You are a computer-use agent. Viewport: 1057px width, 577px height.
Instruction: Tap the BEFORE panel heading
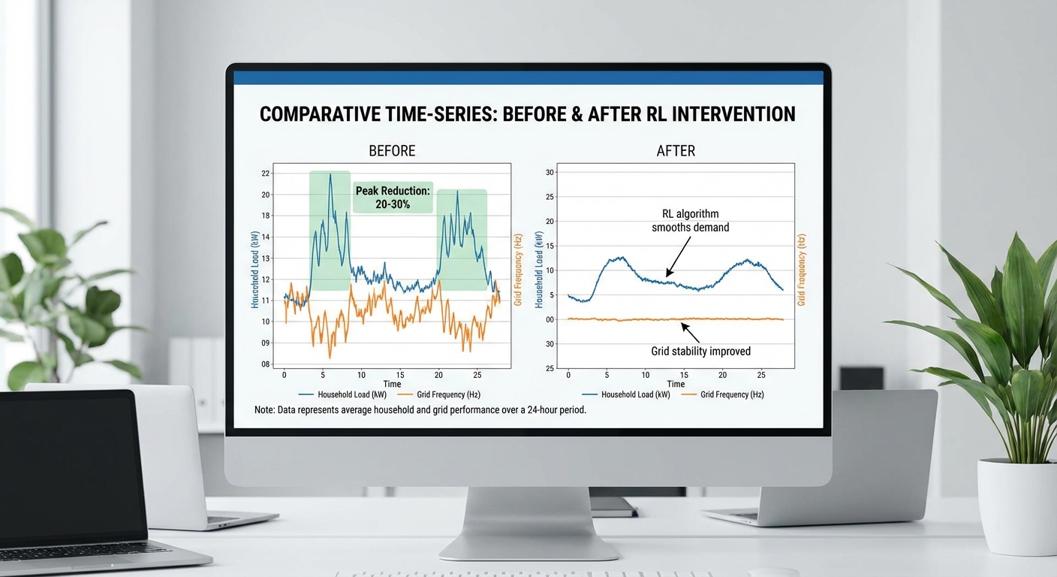[x=392, y=151]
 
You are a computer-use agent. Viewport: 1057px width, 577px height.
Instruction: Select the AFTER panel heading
[x=676, y=151]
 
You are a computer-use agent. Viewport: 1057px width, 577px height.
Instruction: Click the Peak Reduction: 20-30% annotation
[x=393, y=198]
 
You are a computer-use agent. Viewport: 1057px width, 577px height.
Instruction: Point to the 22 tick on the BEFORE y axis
[x=266, y=174]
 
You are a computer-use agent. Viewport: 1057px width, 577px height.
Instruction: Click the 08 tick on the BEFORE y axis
[x=266, y=364]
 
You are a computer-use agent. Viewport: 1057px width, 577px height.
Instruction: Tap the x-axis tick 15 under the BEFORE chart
[x=400, y=375]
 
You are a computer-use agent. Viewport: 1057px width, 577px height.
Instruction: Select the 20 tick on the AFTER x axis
[x=722, y=375]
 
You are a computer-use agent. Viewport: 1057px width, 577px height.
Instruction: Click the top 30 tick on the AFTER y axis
[x=550, y=172]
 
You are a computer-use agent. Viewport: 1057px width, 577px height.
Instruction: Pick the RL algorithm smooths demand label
[x=691, y=220]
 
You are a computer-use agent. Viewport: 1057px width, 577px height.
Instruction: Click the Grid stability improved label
[x=700, y=352]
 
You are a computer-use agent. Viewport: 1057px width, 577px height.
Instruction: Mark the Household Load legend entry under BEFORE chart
[x=342, y=394]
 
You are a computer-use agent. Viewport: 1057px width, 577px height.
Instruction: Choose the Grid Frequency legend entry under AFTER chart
[x=723, y=394]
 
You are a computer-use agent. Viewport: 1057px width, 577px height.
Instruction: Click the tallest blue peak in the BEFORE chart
[x=330, y=175]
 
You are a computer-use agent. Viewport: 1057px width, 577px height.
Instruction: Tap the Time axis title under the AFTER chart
[x=676, y=384]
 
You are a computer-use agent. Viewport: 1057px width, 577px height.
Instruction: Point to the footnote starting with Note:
[x=420, y=410]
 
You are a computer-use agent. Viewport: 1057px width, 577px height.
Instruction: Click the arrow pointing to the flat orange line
[x=690, y=333]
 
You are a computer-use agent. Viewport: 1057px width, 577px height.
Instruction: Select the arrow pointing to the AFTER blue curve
[x=678, y=257]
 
